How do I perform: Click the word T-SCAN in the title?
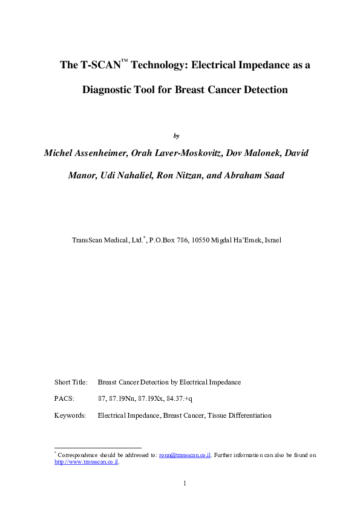point(99,65)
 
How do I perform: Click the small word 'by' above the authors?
point(176,135)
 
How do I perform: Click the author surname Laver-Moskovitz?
point(187,153)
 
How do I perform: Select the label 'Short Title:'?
point(71,382)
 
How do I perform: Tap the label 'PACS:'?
point(64,399)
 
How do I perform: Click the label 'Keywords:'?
point(70,415)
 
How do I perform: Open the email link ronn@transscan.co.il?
point(185,455)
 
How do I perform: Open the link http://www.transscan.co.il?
point(85,462)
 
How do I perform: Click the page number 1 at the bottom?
point(184,483)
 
